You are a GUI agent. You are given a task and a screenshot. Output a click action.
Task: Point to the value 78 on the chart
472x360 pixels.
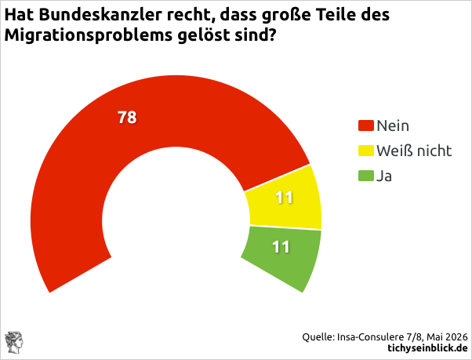[x=127, y=117]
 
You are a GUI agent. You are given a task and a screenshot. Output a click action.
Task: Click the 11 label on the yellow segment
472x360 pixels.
[x=284, y=198]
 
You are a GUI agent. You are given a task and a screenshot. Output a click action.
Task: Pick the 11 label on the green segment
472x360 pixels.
[x=281, y=247]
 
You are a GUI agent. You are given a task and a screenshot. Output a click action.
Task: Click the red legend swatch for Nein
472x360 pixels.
[x=365, y=125]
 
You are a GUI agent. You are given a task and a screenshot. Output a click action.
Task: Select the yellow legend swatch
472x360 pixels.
[x=365, y=151]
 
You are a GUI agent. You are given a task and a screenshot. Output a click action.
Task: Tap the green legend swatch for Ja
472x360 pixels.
[x=365, y=176]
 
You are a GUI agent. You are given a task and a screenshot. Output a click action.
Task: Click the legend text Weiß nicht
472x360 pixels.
[x=414, y=151]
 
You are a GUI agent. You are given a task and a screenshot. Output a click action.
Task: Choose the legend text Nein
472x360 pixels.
[x=393, y=125]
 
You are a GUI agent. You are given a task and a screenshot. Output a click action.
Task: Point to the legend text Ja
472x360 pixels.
[x=384, y=176]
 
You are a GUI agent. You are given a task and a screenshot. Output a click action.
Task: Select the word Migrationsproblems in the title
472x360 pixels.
[x=88, y=35]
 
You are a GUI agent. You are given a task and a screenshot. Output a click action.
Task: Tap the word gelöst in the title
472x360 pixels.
[x=203, y=35]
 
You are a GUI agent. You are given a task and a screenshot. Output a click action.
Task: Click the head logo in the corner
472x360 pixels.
[x=14, y=342]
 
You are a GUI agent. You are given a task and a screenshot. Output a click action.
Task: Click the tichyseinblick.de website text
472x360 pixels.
[x=427, y=348]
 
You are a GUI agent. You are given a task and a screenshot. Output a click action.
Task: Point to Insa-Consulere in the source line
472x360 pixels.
[x=370, y=336]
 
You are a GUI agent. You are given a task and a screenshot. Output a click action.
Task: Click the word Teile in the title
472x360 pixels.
[x=334, y=14]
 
